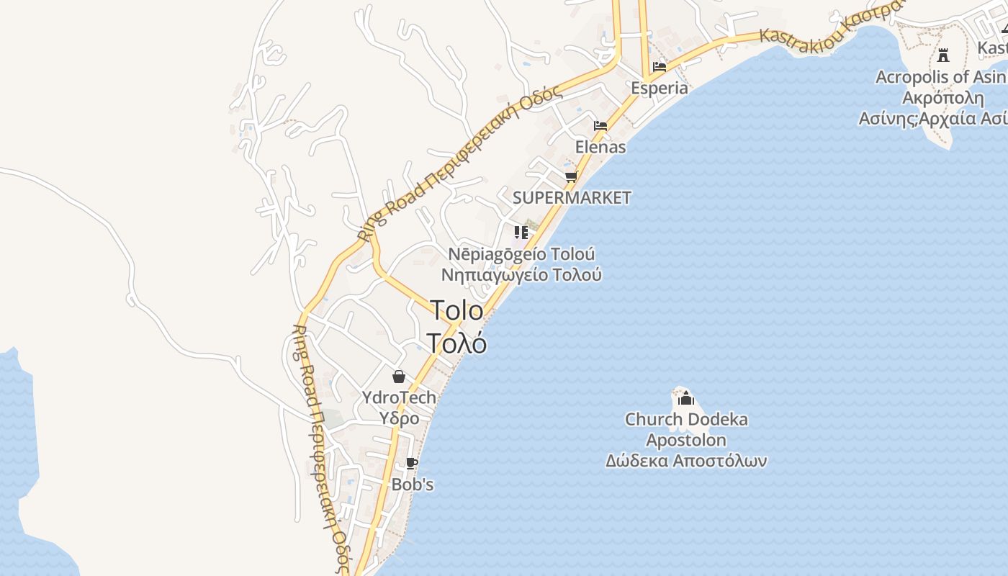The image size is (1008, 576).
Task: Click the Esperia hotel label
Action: click(x=659, y=88)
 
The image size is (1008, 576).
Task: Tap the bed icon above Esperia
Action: click(x=659, y=67)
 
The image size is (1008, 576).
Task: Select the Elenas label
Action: click(x=600, y=147)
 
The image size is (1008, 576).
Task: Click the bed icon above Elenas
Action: click(x=600, y=126)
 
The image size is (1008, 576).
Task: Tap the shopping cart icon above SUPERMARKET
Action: click(x=571, y=176)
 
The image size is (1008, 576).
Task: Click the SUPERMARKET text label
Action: click(x=572, y=197)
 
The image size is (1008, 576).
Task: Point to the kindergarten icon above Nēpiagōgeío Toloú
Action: click(x=521, y=233)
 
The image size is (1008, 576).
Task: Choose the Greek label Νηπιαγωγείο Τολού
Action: click(x=521, y=274)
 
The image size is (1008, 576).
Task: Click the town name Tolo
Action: click(x=457, y=310)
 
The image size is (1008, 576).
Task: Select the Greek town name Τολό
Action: click(x=456, y=343)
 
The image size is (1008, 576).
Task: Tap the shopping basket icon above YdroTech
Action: click(x=398, y=377)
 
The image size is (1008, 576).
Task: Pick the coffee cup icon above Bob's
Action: click(x=412, y=464)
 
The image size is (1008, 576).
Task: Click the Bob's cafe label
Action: click(x=413, y=485)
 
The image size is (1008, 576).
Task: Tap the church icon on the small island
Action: click(x=686, y=398)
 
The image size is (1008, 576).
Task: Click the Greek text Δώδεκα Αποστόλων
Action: click(x=686, y=461)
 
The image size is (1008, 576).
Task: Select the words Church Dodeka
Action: click(x=686, y=419)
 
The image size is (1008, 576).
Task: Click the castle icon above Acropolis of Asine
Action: click(x=943, y=55)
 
